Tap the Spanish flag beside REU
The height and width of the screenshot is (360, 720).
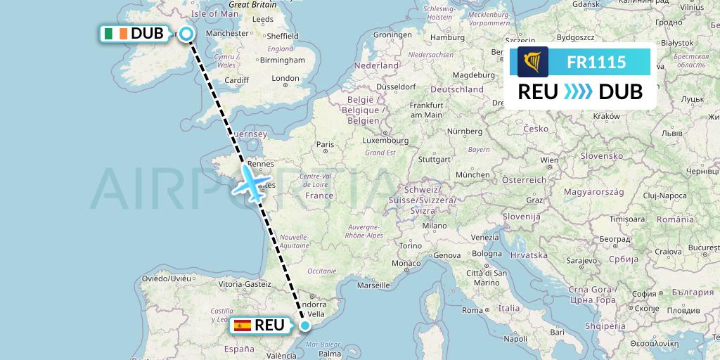point(243,326)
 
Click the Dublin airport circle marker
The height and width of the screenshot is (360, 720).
point(186,33)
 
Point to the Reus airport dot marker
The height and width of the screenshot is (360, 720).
point(305,326)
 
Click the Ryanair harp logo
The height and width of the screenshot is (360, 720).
point(532,62)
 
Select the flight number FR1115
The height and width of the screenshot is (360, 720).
point(596,63)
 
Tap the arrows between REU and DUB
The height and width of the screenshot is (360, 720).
point(579,92)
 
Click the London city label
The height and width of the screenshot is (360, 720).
point(285,79)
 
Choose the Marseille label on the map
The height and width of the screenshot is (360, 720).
point(373,285)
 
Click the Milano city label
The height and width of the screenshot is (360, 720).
point(435,226)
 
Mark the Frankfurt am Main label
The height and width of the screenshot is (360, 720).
point(426,110)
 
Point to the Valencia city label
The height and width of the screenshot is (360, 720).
point(281,355)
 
